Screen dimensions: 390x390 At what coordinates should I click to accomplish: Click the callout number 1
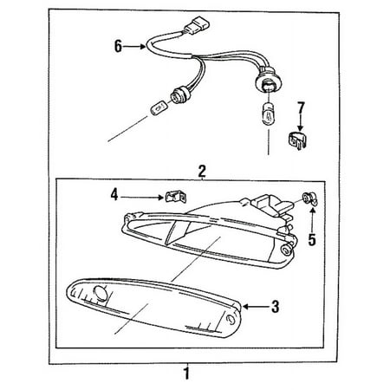click(187, 373)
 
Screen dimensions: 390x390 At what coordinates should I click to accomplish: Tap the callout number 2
click(202, 172)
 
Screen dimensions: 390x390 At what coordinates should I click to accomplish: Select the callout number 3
click(276, 307)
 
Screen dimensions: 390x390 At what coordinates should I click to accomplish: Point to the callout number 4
click(114, 195)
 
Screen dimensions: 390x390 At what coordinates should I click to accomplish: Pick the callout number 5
click(312, 239)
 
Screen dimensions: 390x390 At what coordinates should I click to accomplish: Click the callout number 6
click(118, 46)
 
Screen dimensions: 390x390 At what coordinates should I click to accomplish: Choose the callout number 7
click(301, 108)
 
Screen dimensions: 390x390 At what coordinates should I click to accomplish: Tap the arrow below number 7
click(301, 124)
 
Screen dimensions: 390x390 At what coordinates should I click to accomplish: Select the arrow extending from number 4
click(142, 198)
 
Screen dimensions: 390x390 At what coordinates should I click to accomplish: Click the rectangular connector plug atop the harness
click(197, 27)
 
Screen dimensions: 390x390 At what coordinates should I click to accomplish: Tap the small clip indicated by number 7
click(297, 141)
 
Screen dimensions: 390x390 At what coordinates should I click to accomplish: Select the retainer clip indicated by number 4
click(175, 197)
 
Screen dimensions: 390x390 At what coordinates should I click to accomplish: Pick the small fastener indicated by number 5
click(309, 198)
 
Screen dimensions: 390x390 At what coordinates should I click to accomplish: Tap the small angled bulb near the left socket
click(158, 108)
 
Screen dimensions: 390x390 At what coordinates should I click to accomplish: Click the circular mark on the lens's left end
click(101, 293)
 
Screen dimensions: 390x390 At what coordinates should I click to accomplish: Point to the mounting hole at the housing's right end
click(287, 250)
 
